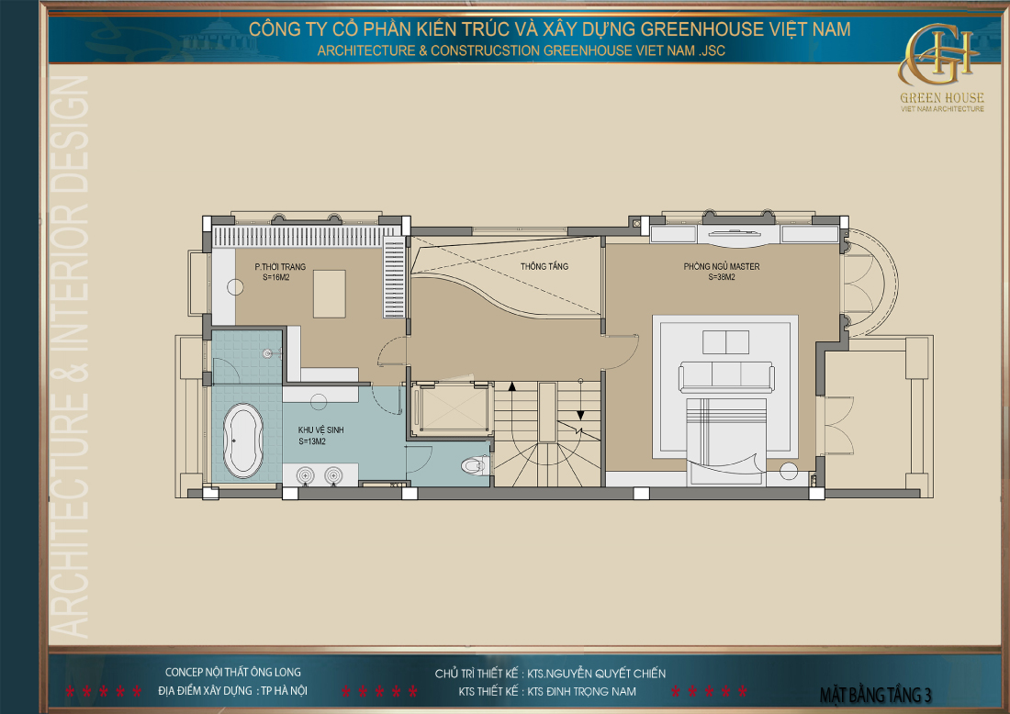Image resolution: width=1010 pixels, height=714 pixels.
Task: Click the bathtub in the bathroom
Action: point(242,441)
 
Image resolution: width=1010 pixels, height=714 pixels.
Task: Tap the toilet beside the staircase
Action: point(474,465)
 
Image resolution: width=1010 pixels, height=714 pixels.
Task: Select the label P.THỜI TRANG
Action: point(280,266)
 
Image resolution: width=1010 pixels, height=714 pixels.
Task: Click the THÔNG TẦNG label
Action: point(544,266)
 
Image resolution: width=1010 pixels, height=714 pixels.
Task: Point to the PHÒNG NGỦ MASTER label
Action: point(722,267)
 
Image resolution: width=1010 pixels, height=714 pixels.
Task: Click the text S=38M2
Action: point(723,276)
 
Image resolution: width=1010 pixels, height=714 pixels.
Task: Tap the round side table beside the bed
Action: point(788,472)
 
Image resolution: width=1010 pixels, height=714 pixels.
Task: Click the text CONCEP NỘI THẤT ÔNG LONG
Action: point(232,673)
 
